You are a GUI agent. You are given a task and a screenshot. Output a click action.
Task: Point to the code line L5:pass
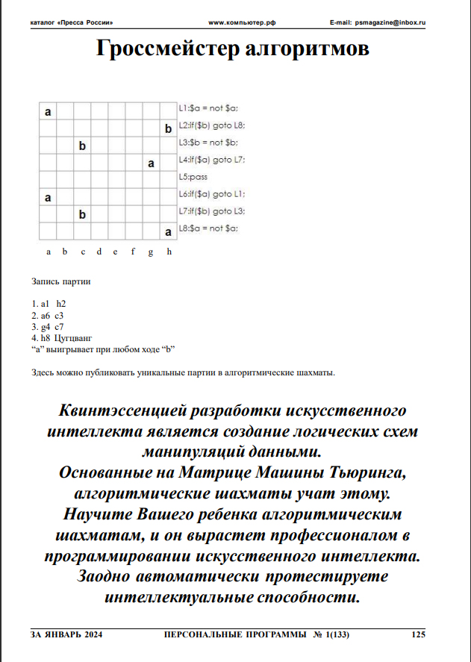tap(193, 177)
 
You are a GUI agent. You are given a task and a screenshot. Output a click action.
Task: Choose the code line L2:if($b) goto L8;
tap(212, 125)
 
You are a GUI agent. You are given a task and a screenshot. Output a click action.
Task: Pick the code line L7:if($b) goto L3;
tap(212, 211)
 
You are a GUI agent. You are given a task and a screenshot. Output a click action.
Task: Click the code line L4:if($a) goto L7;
tap(212, 160)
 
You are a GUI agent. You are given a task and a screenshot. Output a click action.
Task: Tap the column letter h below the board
tap(169, 252)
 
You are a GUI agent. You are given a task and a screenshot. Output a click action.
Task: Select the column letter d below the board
tap(99, 252)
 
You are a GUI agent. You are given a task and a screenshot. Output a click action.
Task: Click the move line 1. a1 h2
tap(49, 304)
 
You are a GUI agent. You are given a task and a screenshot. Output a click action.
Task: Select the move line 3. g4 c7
tap(48, 326)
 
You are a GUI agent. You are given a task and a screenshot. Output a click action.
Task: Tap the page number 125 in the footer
tap(418, 634)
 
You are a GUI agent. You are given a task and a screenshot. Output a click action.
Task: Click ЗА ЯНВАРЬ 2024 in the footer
tap(66, 634)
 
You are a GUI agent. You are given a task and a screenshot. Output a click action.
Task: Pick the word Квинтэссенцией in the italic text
tap(126, 411)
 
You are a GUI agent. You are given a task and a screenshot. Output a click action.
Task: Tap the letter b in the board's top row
tap(169, 129)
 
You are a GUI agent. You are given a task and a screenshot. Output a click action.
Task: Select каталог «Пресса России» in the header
tap(72, 24)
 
